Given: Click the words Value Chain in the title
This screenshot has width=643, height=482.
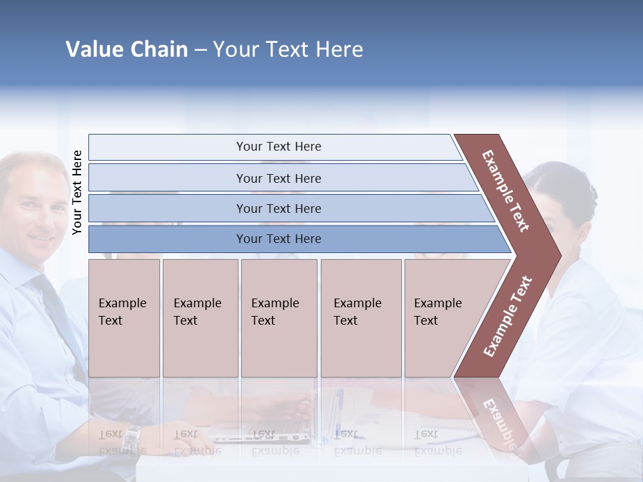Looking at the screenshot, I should pyautogui.click(x=127, y=49).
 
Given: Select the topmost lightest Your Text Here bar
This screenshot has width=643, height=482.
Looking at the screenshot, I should pyautogui.click(x=278, y=147).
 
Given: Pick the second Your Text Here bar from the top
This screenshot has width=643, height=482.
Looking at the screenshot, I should pyautogui.click(x=278, y=178).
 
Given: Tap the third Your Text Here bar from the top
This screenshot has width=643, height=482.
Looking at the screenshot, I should pyautogui.click(x=278, y=208).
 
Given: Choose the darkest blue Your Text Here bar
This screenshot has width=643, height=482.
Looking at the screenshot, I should pyautogui.click(x=278, y=238).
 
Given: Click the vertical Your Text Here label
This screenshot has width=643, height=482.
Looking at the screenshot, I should pyautogui.click(x=77, y=192).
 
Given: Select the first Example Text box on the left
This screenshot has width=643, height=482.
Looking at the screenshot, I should pyautogui.click(x=124, y=317).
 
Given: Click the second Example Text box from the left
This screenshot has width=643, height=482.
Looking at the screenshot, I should pyautogui.click(x=200, y=317).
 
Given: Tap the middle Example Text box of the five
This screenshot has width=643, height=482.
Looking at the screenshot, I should pyautogui.click(x=279, y=317).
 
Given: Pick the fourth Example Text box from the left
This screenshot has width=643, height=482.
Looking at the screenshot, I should pyautogui.click(x=360, y=317).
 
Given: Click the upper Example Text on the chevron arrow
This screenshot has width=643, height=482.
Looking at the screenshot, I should pyautogui.click(x=506, y=191).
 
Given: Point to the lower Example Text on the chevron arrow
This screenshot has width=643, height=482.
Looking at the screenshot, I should pyautogui.click(x=507, y=317).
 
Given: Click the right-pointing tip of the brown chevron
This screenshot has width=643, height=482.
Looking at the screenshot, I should pyautogui.click(x=557, y=255).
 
